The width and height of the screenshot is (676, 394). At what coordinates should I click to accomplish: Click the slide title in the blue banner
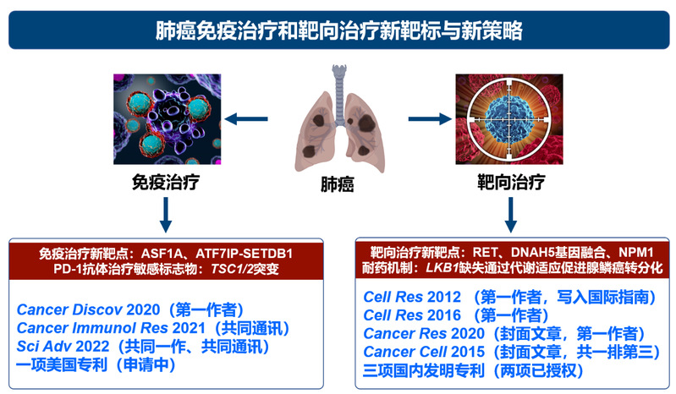click(339, 30)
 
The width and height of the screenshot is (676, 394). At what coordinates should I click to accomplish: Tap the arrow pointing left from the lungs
click(246, 119)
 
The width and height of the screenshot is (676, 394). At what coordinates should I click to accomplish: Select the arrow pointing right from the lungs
click(430, 119)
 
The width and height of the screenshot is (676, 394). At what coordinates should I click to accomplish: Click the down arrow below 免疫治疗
click(166, 215)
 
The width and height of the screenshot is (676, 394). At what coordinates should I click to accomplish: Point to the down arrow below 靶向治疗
click(510, 215)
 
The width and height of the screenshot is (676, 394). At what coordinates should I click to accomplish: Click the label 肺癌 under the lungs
click(337, 184)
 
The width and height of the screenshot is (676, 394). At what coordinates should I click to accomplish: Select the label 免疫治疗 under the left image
click(166, 182)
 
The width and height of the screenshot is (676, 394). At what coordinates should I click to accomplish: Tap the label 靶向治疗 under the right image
click(511, 182)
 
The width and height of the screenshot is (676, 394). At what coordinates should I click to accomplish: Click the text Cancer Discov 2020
click(88, 309)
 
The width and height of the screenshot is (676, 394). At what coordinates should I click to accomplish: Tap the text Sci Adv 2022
click(63, 347)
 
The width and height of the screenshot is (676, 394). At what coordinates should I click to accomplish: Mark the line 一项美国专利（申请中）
click(96, 365)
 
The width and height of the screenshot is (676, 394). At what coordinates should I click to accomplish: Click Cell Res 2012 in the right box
click(412, 297)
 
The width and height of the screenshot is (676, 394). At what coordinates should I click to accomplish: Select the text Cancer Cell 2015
click(424, 352)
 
